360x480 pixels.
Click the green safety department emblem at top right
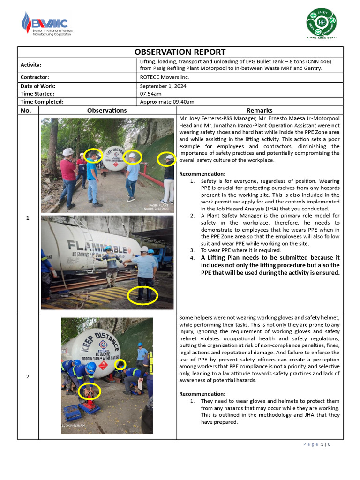click(321, 23)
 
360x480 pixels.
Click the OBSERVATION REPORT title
click(180, 52)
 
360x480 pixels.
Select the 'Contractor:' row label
click(35, 77)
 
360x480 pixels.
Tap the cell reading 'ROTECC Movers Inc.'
click(164, 77)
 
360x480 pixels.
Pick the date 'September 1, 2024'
click(163, 86)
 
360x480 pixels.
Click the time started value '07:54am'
click(150, 94)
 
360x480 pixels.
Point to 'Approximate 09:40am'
click(167, 102)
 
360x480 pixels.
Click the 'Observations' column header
click(107, 110)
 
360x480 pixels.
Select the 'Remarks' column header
click(259, 110)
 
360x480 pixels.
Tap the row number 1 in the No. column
click(28, 218)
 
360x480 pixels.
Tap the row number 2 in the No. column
click(28, 376)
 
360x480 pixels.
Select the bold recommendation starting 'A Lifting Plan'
click(270, 265)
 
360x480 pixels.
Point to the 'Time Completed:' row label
click(42, 102)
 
